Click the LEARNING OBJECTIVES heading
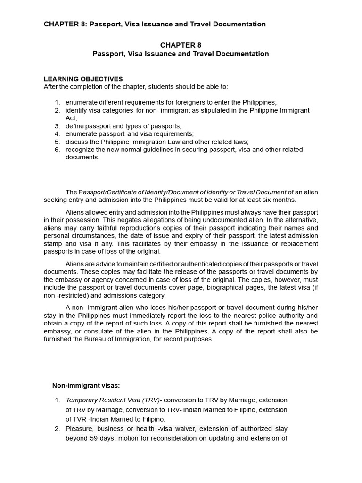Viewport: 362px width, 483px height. pyautogui.click(x=83, y=79)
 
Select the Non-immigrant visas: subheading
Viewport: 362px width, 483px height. pyautogui.click(x=89, y=385)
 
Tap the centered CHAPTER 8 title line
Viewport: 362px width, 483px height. pyautogui.click(x=181, y=45)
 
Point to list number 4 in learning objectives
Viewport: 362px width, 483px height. pyautogui.click(x=57, y=134)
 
